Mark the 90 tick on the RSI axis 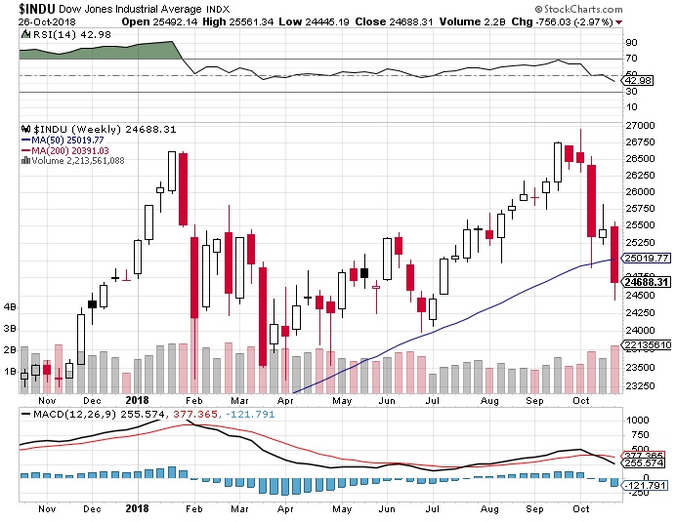click(633, 42)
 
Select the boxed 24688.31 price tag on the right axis click(648, 282)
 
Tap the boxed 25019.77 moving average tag click(648, 258)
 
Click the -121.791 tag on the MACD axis click(647, 484)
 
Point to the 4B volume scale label click(12, 306)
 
